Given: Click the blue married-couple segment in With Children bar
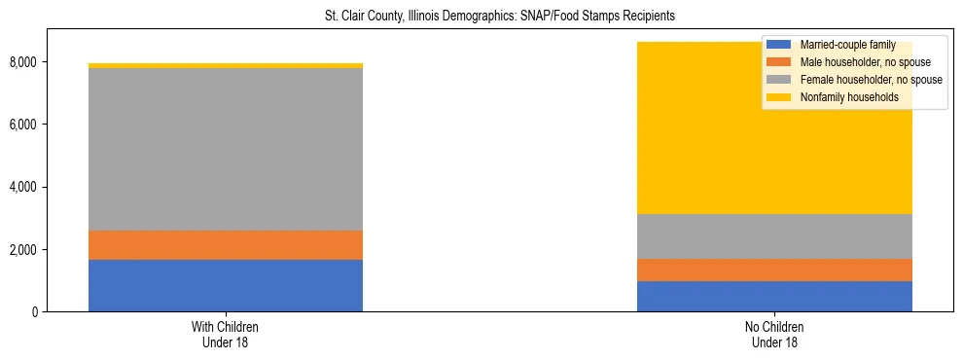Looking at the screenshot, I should [226, 285].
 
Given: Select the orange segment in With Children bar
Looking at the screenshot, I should [226, 245].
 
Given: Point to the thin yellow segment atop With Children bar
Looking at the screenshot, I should [226, 65].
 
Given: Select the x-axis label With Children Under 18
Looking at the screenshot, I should [226, 335].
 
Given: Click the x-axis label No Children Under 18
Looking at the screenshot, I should [774, 335].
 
